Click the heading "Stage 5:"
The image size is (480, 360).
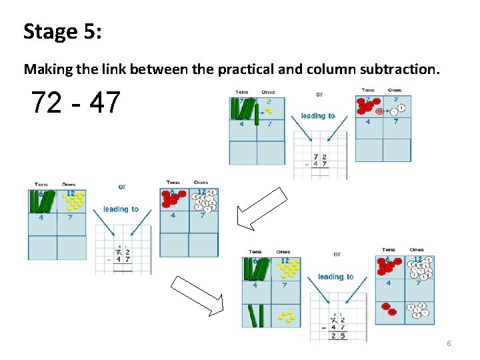click(63, 31)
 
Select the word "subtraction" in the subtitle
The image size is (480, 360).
click(397, 69)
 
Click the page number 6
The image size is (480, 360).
click(449, 343)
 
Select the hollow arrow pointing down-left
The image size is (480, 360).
click(262, 209)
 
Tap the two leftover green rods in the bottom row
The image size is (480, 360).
click(257, 315)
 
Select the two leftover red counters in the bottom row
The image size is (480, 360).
click(389, 309)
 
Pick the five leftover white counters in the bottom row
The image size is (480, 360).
click(417, 311)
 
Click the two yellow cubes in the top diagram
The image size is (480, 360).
click(268, 110)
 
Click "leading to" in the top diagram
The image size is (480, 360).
click(318, 116)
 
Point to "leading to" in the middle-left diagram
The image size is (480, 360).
click(121, 209)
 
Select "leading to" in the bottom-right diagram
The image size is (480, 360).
click(335, 277)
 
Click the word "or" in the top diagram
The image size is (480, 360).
click(319, 95)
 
